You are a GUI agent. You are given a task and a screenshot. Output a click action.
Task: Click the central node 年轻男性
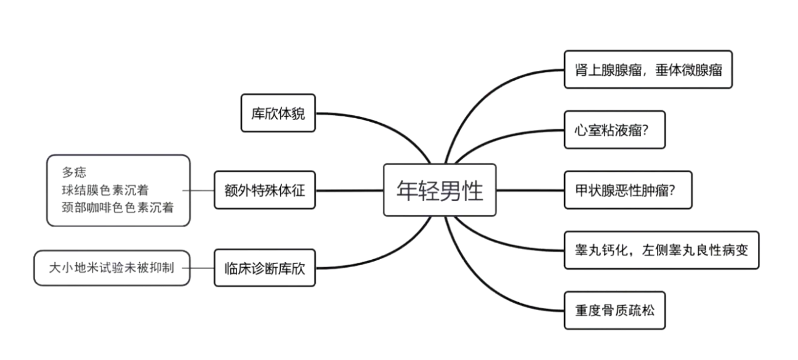point(440,190)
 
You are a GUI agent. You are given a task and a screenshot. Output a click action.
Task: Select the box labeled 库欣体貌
point(278,114)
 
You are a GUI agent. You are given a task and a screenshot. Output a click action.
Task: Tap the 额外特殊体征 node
point(265,190)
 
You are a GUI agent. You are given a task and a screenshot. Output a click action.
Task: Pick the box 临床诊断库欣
point(265,268)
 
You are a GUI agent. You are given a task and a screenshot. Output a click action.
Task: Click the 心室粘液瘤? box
point(615,130)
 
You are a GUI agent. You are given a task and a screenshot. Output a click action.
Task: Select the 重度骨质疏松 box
point(615,310)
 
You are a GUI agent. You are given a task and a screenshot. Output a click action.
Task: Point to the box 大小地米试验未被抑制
point(111,268)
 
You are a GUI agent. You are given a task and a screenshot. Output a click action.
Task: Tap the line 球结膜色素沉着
point(104,190)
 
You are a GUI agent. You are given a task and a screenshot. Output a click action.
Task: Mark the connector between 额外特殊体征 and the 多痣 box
point(202,190)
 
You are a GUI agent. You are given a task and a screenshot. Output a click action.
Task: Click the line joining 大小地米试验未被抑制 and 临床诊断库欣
point(202,268)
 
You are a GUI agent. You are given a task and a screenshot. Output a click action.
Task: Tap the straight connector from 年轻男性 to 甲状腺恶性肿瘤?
point(530,190)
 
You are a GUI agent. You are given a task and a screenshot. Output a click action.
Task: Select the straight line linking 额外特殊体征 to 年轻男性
point(349,190)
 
